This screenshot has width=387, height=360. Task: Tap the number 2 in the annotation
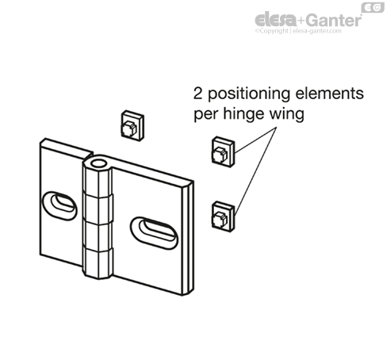pos(198,94)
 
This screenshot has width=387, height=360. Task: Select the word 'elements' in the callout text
pos(330,94)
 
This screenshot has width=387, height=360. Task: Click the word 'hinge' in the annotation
pos(243,114)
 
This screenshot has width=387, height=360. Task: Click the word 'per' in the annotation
pos(205,116)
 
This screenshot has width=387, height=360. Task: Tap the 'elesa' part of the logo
pos(276,20)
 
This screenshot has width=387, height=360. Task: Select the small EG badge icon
pos(373,7)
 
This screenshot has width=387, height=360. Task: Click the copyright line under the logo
pos(298,31)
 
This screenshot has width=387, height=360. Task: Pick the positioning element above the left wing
pos(132,125)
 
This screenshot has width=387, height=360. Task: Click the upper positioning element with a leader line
pos(223,151)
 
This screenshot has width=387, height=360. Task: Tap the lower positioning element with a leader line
pos(223,216)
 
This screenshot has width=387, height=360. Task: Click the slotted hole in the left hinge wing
pos(59,206)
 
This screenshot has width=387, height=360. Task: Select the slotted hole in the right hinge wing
pos(154,233)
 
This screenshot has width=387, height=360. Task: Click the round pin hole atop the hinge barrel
pos(99,163)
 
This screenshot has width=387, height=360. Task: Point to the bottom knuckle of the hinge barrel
pos(98,263)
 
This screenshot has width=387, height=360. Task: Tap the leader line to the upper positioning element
pos(255,140)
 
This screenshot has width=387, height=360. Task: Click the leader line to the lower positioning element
pos(255,171)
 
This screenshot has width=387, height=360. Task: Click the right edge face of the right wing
pos(188,238)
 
